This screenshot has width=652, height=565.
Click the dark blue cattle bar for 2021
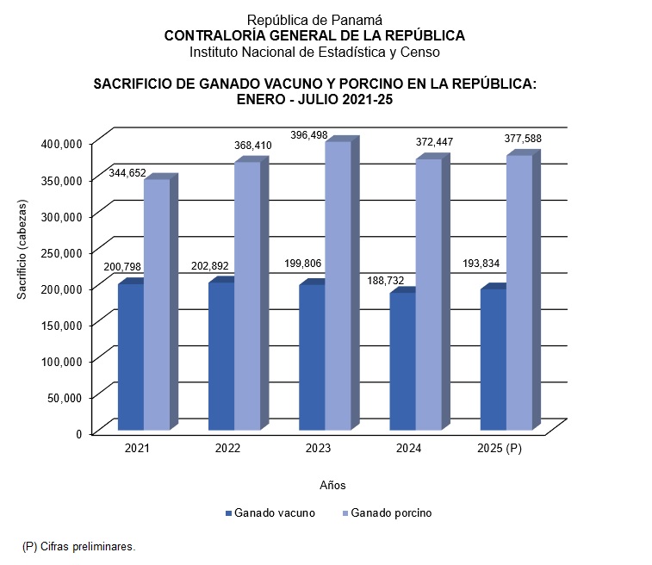tap(131, 357)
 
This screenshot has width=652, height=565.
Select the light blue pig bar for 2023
tap(338, 285)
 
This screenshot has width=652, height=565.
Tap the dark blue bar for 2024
tap(402, 361)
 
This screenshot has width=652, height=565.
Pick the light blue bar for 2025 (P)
tap(519, 292)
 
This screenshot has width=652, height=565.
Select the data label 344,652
tap(127, 173)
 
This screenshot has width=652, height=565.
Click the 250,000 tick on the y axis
tap(60, 251)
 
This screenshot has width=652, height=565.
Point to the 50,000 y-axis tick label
tap(64, 397)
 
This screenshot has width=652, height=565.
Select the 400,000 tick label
tap(60, 143)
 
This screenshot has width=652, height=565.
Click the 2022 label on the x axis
tap(227, 450)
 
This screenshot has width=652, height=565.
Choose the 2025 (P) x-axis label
tap(500, 450)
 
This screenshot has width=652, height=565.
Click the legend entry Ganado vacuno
tap(274, 512)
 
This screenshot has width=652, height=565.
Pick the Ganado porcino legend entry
tap(391, 512)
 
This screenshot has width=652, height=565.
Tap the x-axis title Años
tap(332, 485)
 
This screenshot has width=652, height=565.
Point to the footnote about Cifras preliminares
tap(78, 546)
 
